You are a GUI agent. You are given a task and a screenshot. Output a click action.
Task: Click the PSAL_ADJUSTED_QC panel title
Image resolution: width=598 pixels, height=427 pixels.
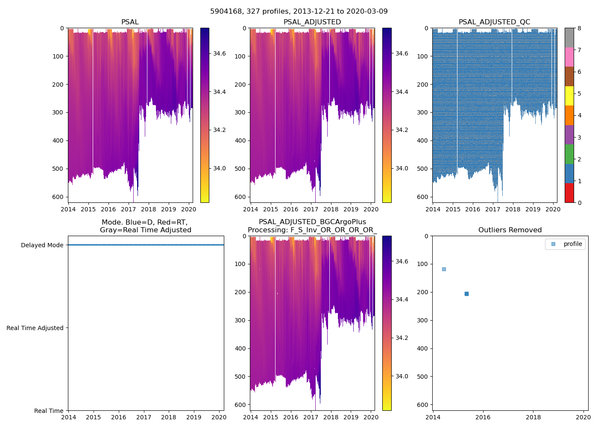[494, 22]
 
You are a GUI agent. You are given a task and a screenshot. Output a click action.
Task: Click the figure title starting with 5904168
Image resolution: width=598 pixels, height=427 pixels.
[299, 12]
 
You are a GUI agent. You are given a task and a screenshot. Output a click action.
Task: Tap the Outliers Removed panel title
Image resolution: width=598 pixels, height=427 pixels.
[510, 230]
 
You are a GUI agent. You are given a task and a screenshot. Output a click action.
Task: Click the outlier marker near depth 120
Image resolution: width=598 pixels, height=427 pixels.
[444, 269]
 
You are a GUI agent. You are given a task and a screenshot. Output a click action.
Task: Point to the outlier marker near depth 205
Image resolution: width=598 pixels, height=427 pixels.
[466, 294]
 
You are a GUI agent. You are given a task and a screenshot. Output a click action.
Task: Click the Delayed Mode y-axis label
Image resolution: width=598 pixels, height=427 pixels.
[42, 245]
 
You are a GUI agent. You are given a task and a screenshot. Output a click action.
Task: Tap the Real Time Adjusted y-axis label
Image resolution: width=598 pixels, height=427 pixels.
[35, 328]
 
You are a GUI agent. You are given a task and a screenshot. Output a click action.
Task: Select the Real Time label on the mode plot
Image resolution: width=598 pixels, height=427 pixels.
[49, 411]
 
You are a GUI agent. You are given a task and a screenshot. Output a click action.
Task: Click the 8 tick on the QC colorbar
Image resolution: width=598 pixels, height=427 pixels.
[579, 28]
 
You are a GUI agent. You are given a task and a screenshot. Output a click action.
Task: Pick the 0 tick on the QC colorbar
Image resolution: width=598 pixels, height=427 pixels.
[579, 202]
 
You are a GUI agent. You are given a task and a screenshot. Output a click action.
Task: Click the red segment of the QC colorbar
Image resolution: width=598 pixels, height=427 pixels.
[569, 193]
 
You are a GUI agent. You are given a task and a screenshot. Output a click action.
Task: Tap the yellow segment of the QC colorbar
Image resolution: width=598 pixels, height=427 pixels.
[569, 96]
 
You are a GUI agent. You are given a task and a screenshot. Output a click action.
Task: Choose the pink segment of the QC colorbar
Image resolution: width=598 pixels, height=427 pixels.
[569, 57]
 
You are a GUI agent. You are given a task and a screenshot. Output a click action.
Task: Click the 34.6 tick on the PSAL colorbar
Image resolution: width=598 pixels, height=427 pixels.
[220, 53]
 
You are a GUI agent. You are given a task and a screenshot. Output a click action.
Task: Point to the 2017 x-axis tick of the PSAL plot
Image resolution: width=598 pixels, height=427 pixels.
[128, 209]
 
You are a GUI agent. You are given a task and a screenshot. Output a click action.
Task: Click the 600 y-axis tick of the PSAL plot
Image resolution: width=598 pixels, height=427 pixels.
[59, 197]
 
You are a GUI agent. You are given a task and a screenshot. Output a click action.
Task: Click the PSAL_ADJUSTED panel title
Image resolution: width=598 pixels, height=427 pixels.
[312, 22]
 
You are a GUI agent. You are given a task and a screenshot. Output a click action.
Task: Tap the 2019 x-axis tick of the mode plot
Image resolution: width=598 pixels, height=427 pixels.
[194, 417]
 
